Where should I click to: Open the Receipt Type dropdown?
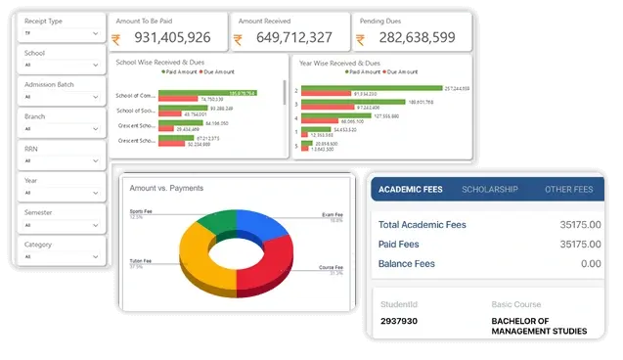click(x=62, y=33)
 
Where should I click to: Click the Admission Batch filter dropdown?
click(x=62, y=97)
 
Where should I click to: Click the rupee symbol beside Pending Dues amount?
click(x=360, y=39)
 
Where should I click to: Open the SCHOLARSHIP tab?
click(x=490, y=189)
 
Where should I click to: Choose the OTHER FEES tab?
click(x=568, y=189)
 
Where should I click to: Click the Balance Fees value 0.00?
click(x=590, y=263)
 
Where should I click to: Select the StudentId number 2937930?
click(x=400, y=320)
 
